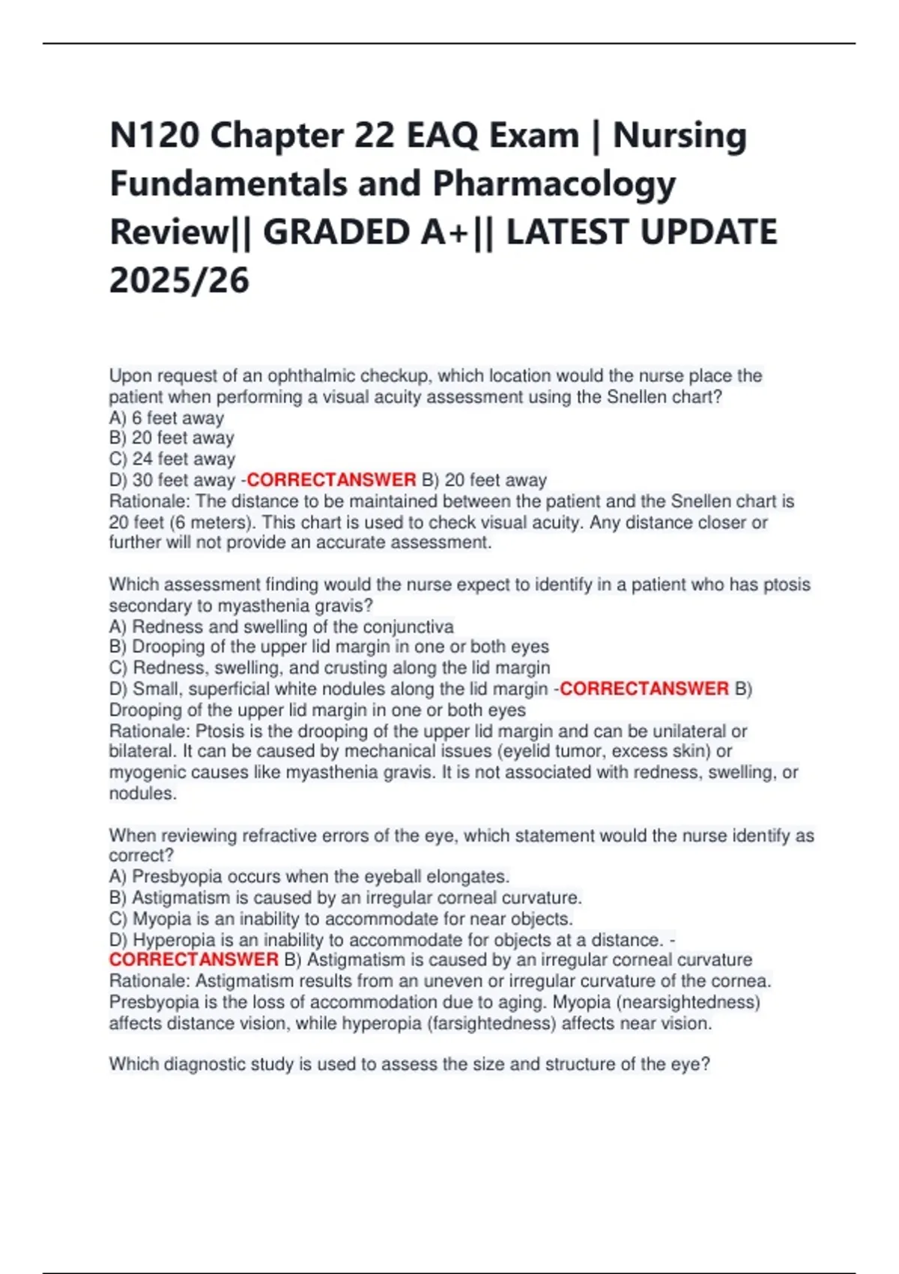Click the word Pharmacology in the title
(x=554, y=184)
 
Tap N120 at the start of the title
(x=154, y=136)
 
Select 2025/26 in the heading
(x=179, y=281)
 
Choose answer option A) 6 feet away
(x=166, y=418)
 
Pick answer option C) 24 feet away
(x=172, y=459)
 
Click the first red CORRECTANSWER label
(x=331, y=480)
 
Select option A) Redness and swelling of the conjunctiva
(x=281, y=627)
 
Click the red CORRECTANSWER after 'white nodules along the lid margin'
(x=644, y=689)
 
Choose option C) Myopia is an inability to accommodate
(x=341, y=919)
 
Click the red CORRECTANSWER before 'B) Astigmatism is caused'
(x=193, y=960)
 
